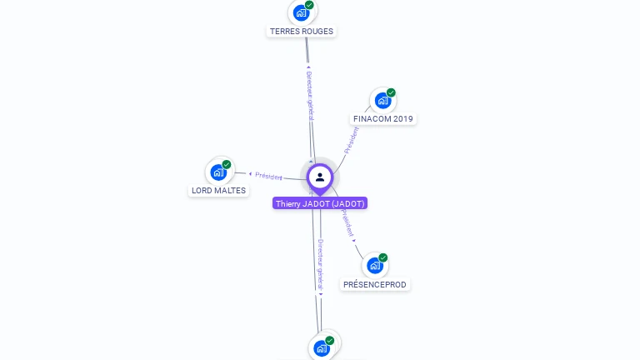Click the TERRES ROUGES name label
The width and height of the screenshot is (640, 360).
[301, 31]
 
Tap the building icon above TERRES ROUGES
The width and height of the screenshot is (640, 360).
[301, 13]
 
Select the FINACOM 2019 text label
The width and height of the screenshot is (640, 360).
[382, 118]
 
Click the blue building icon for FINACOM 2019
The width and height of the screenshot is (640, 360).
[382, 101]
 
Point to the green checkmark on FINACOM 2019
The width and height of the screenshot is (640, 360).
[391, 92]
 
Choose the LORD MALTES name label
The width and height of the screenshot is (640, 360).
[218, 190]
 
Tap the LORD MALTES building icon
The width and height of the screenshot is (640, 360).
[218, 172]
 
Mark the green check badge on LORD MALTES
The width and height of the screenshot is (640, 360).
[227, 164]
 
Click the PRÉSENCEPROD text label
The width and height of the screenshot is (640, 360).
[375, 284]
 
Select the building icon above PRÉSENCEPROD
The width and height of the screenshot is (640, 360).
[375, 266]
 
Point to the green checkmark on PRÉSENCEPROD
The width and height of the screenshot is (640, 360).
[383, 257]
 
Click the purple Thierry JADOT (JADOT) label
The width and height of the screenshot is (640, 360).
[320, 203]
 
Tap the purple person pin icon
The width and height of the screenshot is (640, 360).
[320, 177]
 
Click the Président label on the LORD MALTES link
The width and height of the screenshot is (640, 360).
[268, 176]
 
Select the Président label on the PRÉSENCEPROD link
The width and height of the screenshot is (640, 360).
[347, 222]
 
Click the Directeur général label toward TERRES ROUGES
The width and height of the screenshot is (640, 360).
[309, 94]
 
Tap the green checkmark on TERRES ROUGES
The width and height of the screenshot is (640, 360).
[309, 5]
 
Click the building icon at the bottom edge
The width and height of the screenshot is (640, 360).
[321, 348]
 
